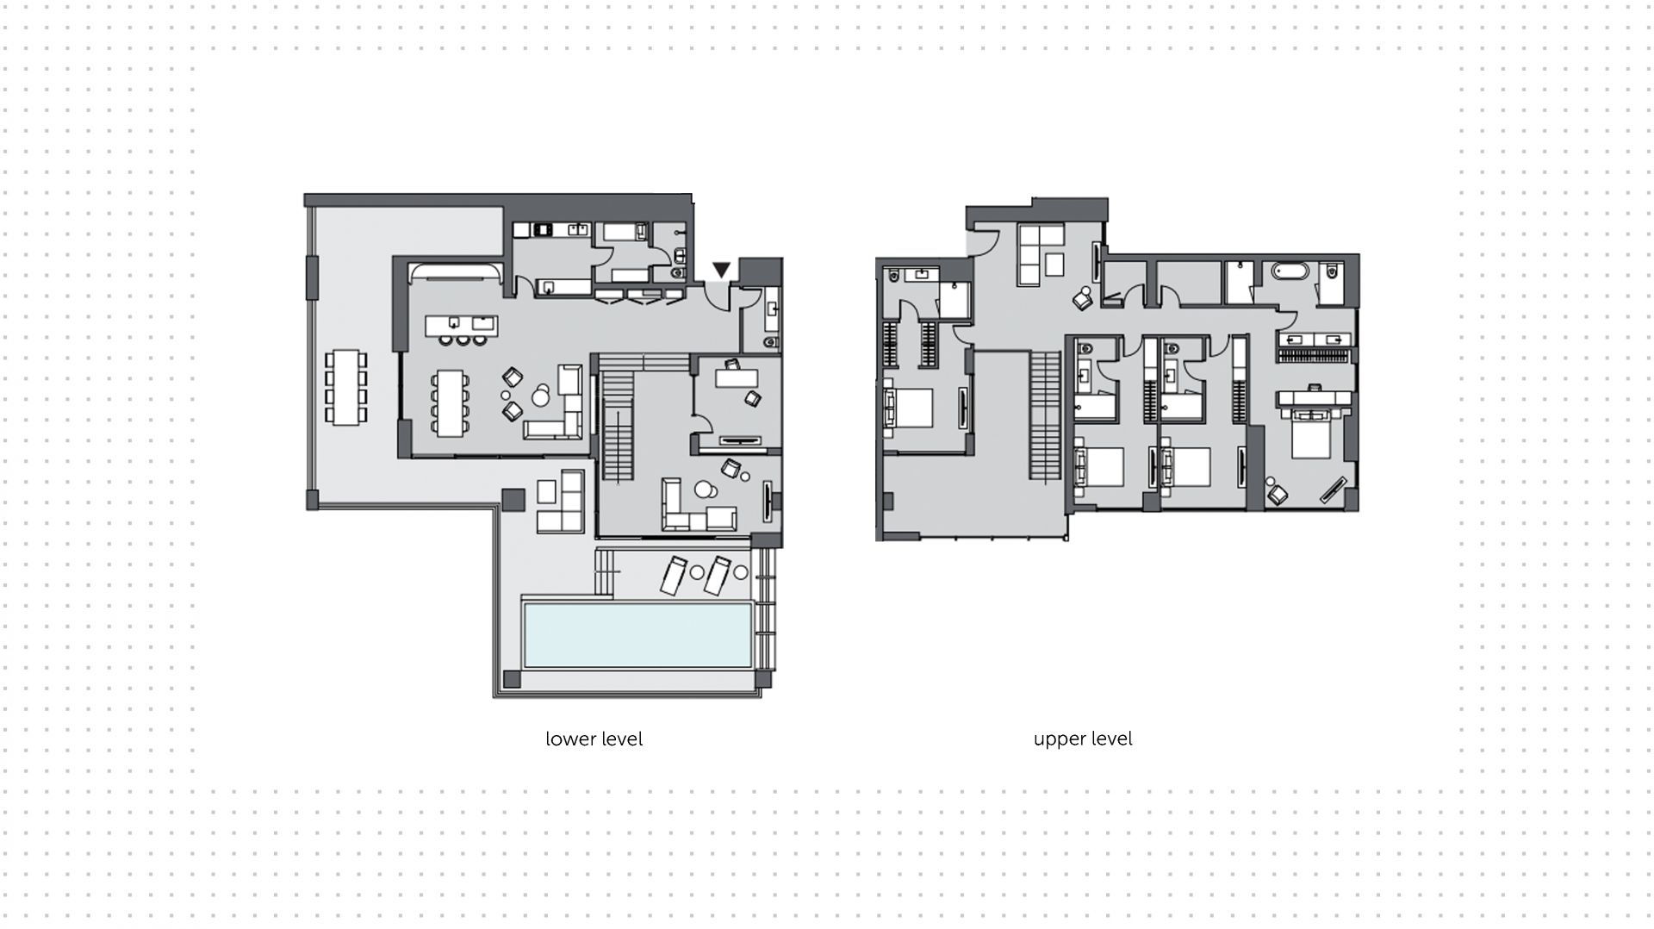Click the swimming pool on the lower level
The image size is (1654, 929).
click(x=637, y=635)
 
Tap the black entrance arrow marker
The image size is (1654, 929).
click(x=722, y=270)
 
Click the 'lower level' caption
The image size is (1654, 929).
click(x=594, y=739)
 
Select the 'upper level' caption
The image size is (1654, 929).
click(x=1083, y=739)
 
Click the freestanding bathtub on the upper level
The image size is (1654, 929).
click(x=1290, y=272)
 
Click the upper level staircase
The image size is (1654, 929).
click(x=1045, y=416)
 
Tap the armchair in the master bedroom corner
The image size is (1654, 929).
click(x=1277, y=494)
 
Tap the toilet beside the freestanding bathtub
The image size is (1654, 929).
click(x=1331, y=271)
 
